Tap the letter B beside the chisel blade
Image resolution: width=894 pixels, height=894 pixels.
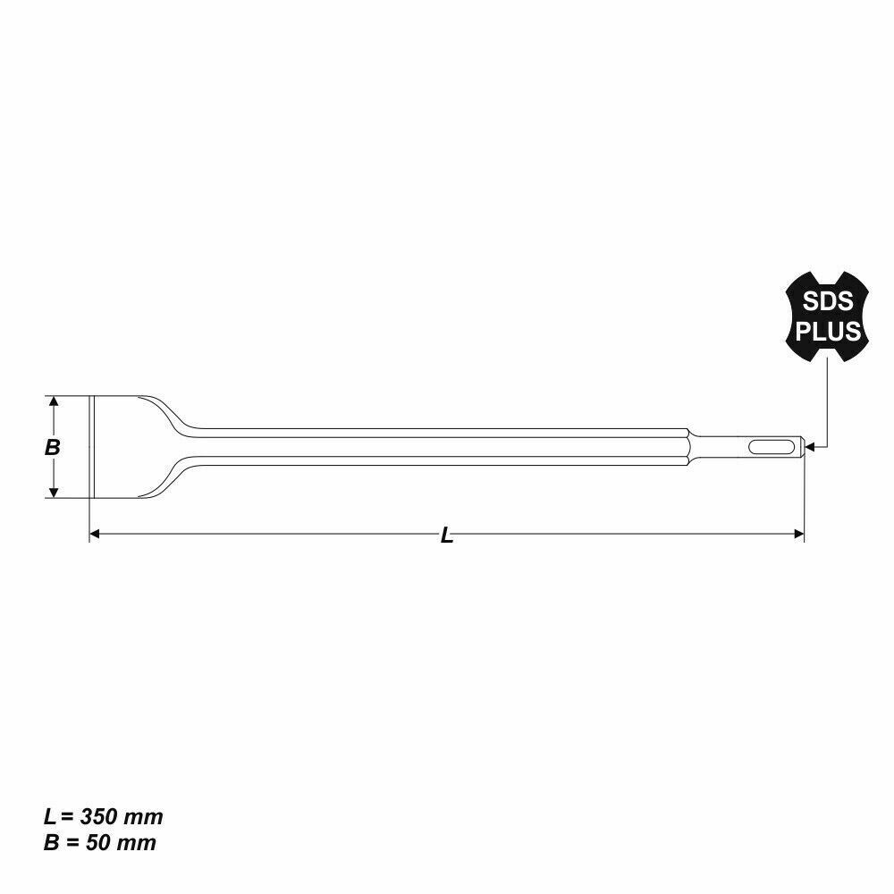[x=53, y=447]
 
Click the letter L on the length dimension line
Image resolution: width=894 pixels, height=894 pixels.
[x=447, y=536]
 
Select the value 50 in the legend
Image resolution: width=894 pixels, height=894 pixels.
[x=98, y=842]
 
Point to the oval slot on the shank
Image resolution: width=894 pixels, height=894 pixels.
[x=774, y=445]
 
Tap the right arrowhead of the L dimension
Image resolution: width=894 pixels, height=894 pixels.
[x=799, y=534]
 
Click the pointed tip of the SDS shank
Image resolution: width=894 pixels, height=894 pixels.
[x=805, y=445]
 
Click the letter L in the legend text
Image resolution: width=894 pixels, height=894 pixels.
[x=50, y=817]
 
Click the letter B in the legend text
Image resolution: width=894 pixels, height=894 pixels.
[x=51, y=842]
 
